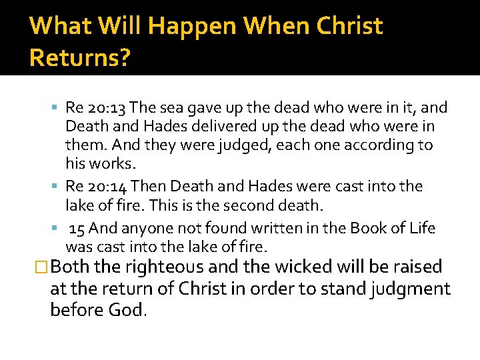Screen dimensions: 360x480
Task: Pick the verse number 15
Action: tap(77, 229)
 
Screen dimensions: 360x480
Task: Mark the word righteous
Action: tap(162, 268)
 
